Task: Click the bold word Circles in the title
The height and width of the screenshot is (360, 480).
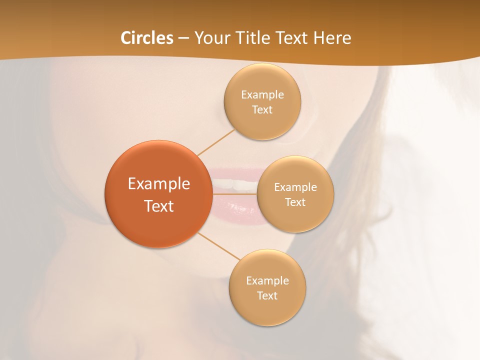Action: click(x=147, y=38)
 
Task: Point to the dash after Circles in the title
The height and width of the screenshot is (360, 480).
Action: click(x=183, y=38)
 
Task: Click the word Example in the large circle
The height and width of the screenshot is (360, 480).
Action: click(x=159, y=184)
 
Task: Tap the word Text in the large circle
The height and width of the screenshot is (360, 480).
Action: click(x=159, y=206)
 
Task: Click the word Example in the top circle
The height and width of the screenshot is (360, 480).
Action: click(x=262, y=95)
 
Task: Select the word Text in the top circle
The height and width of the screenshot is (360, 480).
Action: click(x=262, y=110)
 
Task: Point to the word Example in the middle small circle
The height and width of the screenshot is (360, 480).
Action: click(x=295, y=187)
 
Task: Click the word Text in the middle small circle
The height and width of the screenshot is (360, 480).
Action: click(x=295, y=202)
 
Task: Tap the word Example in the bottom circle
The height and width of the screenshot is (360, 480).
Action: click(x=267, y=281)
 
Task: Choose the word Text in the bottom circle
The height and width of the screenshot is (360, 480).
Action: click(x=267, y=296)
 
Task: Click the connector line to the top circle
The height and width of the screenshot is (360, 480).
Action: click(x=215, y=142)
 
